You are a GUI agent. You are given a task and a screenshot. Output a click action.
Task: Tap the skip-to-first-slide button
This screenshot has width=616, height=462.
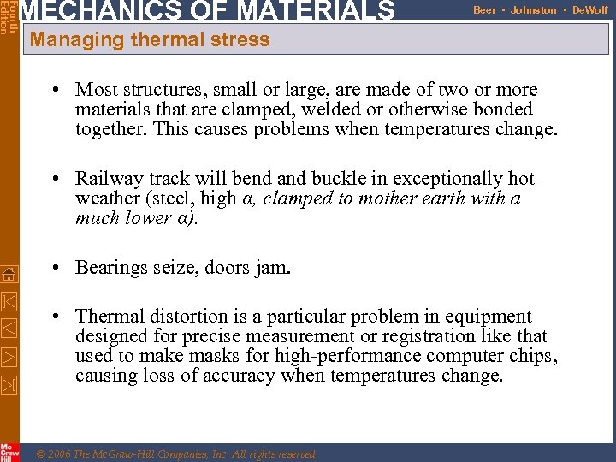click(9, 301)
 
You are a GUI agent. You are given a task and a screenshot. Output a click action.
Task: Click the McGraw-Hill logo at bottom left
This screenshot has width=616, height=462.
click(9, 452)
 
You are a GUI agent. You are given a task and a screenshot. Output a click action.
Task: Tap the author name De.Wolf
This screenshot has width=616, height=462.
click(589, 10)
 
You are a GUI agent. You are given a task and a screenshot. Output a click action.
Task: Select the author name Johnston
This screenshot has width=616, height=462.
click(533, 10)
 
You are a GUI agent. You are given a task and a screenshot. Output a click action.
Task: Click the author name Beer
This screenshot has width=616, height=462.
click(484, 10)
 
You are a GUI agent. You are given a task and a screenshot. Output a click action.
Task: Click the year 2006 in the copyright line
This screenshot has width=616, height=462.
click(62, 454)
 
